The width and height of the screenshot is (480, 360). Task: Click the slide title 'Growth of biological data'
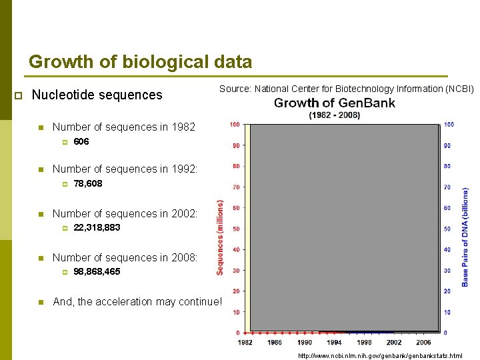click(x=140, y=63)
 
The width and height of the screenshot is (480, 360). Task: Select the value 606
click(x=81, y=141)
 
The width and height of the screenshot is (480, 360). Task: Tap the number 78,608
click(x=87, y=183)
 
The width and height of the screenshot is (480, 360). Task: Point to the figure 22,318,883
click(x=97, y=227)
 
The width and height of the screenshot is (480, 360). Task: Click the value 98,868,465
click(x=97, y=271)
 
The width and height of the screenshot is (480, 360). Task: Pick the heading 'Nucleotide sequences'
click(x=97, y=95)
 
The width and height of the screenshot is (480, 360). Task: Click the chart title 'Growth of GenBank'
click(x=334, y=103)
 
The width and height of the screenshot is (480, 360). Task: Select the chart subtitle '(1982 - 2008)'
click(x=334, y=115)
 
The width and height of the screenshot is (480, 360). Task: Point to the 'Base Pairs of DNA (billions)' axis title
click(x=465, y=237)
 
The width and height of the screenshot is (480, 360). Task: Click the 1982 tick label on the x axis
click(x=245, y=342)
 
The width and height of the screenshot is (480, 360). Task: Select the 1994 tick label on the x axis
click(x=334, y=342)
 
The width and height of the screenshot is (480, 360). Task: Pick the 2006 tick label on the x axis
click(x=423, y=342)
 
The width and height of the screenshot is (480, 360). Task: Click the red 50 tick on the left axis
click(x=235, y=229)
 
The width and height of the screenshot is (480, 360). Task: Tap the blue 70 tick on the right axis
click(x=447, y=187)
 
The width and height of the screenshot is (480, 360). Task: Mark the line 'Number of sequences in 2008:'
click(x=125, y=257)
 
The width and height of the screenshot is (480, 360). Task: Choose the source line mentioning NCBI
click(x=347, y=89)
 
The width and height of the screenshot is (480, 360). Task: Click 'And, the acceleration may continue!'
click(x=137, y=301)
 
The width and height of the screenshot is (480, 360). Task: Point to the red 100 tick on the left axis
click(x=234, y=125)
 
